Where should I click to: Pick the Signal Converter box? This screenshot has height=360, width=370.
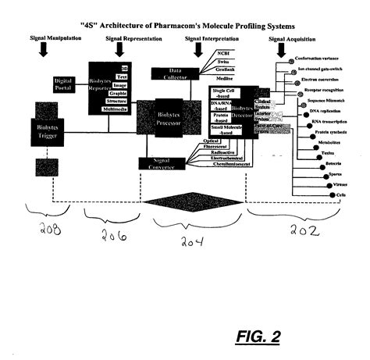(160, 162)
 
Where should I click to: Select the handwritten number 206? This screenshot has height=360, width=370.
(114, 234)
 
